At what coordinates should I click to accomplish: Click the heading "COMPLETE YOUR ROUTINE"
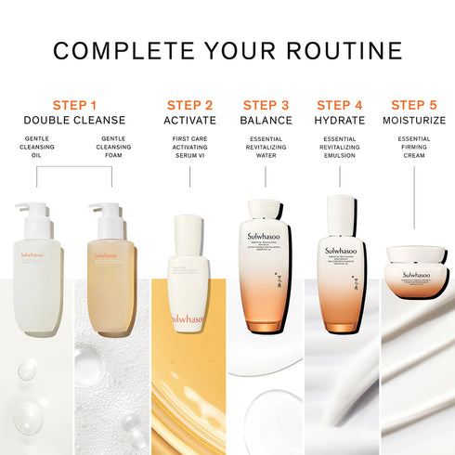227,50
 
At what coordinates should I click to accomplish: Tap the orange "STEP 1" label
74,105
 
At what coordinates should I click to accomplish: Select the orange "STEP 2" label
189,105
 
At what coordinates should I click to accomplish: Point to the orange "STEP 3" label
266,105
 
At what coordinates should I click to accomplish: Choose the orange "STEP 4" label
339,105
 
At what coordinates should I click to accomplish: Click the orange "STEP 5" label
414,105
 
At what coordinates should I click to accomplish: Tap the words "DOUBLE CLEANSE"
74,121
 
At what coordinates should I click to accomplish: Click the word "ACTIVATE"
189,121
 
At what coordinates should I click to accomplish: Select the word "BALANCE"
266,121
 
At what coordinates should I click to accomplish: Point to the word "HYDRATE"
339,121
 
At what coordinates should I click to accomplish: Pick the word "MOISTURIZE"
414,121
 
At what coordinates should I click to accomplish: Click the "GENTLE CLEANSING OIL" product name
37,148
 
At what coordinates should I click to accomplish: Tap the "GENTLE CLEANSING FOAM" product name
112,148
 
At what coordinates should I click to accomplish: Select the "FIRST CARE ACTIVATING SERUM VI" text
189,148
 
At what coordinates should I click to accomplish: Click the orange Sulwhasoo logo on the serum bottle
188,318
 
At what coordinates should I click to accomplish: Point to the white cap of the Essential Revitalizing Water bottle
266,208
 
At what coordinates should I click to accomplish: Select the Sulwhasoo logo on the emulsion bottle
341,251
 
